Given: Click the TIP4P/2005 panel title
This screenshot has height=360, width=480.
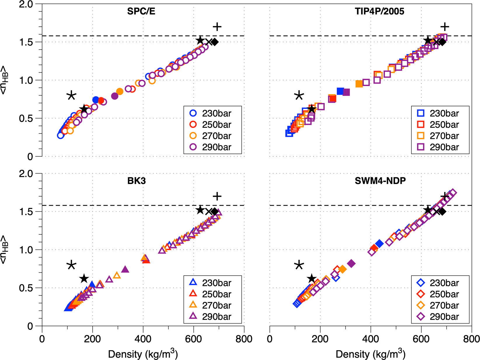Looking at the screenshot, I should coord(379,11).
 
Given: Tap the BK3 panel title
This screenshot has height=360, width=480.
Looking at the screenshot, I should coord(136,181).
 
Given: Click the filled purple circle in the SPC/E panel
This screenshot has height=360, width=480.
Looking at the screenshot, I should coord(115,96).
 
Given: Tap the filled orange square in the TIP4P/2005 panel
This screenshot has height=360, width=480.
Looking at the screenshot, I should coord(359,84).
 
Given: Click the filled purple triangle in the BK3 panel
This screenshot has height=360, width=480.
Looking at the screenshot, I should coord(125,269).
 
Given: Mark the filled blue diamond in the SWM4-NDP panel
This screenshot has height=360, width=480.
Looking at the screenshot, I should coord(379,243).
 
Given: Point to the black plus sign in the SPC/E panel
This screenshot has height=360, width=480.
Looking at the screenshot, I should coord(217,27).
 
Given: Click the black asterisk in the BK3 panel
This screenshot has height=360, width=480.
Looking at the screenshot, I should coord(71,265).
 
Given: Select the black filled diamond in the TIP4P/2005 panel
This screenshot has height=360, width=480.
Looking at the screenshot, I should coord(442,42).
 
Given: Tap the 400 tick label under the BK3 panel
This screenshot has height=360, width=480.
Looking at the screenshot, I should coord(143,339).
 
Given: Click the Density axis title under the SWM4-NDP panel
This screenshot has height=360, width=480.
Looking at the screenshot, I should coord(370,354).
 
